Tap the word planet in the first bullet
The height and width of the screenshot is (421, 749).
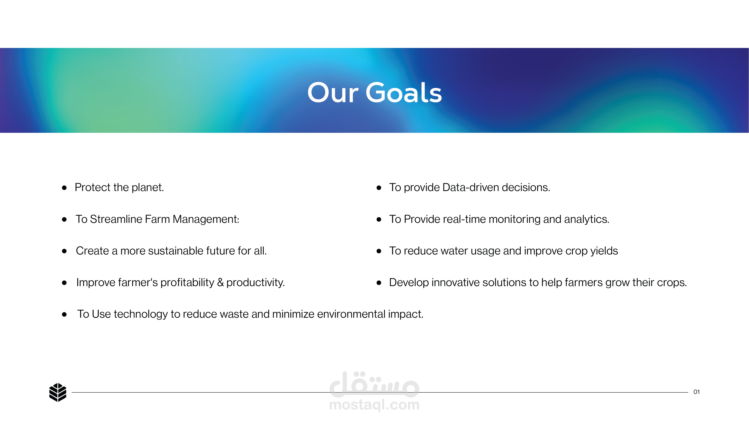[148, 188]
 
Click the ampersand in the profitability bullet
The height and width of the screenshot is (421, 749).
[220, 282]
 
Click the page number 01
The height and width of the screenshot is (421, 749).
[697, 392]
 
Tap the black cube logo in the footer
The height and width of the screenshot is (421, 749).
[58, 392]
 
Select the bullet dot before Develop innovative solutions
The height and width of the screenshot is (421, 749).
[379, 283]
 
